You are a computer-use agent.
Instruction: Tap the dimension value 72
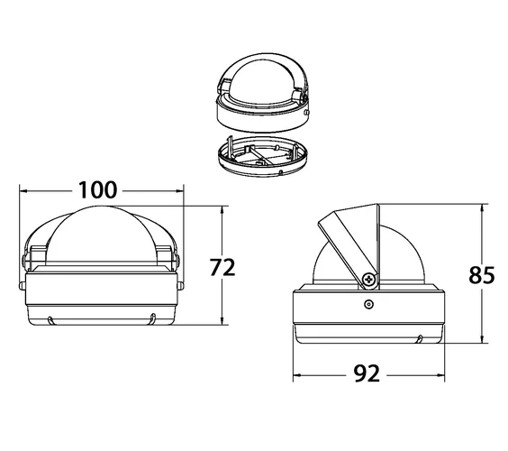tap(222, 267)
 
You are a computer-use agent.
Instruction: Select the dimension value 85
tap(482, 275)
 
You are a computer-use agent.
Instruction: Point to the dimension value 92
tap(367, 373)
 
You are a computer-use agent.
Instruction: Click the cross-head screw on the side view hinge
tap(368, 280)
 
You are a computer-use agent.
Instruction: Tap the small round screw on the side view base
tap(368, 304)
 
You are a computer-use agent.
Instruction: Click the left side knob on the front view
tap(22, 286)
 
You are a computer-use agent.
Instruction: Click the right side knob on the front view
tap(180, 286)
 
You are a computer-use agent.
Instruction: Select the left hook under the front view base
tap(50, 320)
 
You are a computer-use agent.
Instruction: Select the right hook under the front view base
tap(153, 318)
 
